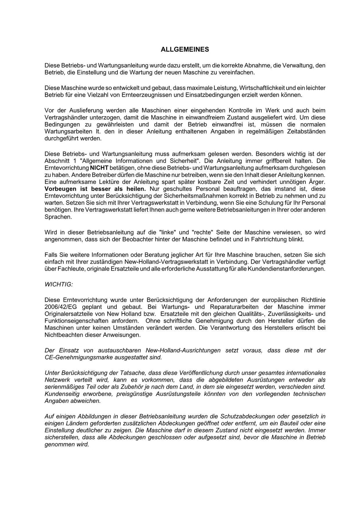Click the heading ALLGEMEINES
[185, 50]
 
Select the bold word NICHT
[99, 168]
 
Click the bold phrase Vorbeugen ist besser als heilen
[95, 189]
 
